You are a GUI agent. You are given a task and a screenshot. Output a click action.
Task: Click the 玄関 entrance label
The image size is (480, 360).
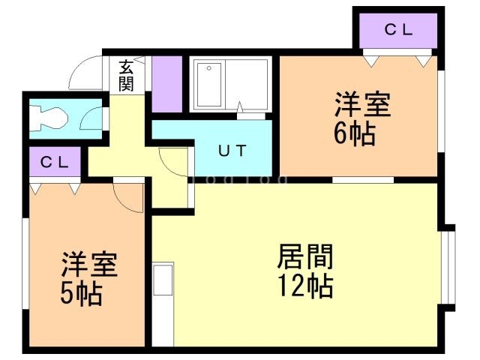(125, 75)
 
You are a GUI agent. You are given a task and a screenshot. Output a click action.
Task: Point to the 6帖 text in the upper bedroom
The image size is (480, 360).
(355, 135)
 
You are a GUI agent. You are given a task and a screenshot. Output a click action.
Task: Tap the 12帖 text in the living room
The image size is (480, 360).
(306, 286)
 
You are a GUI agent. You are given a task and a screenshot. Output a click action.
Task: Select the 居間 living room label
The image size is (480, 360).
(305, 258)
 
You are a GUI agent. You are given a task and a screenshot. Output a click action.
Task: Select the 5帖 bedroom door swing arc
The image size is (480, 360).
(129, 196)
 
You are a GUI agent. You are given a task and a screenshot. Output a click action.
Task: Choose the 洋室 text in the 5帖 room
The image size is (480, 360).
(88, 265)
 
